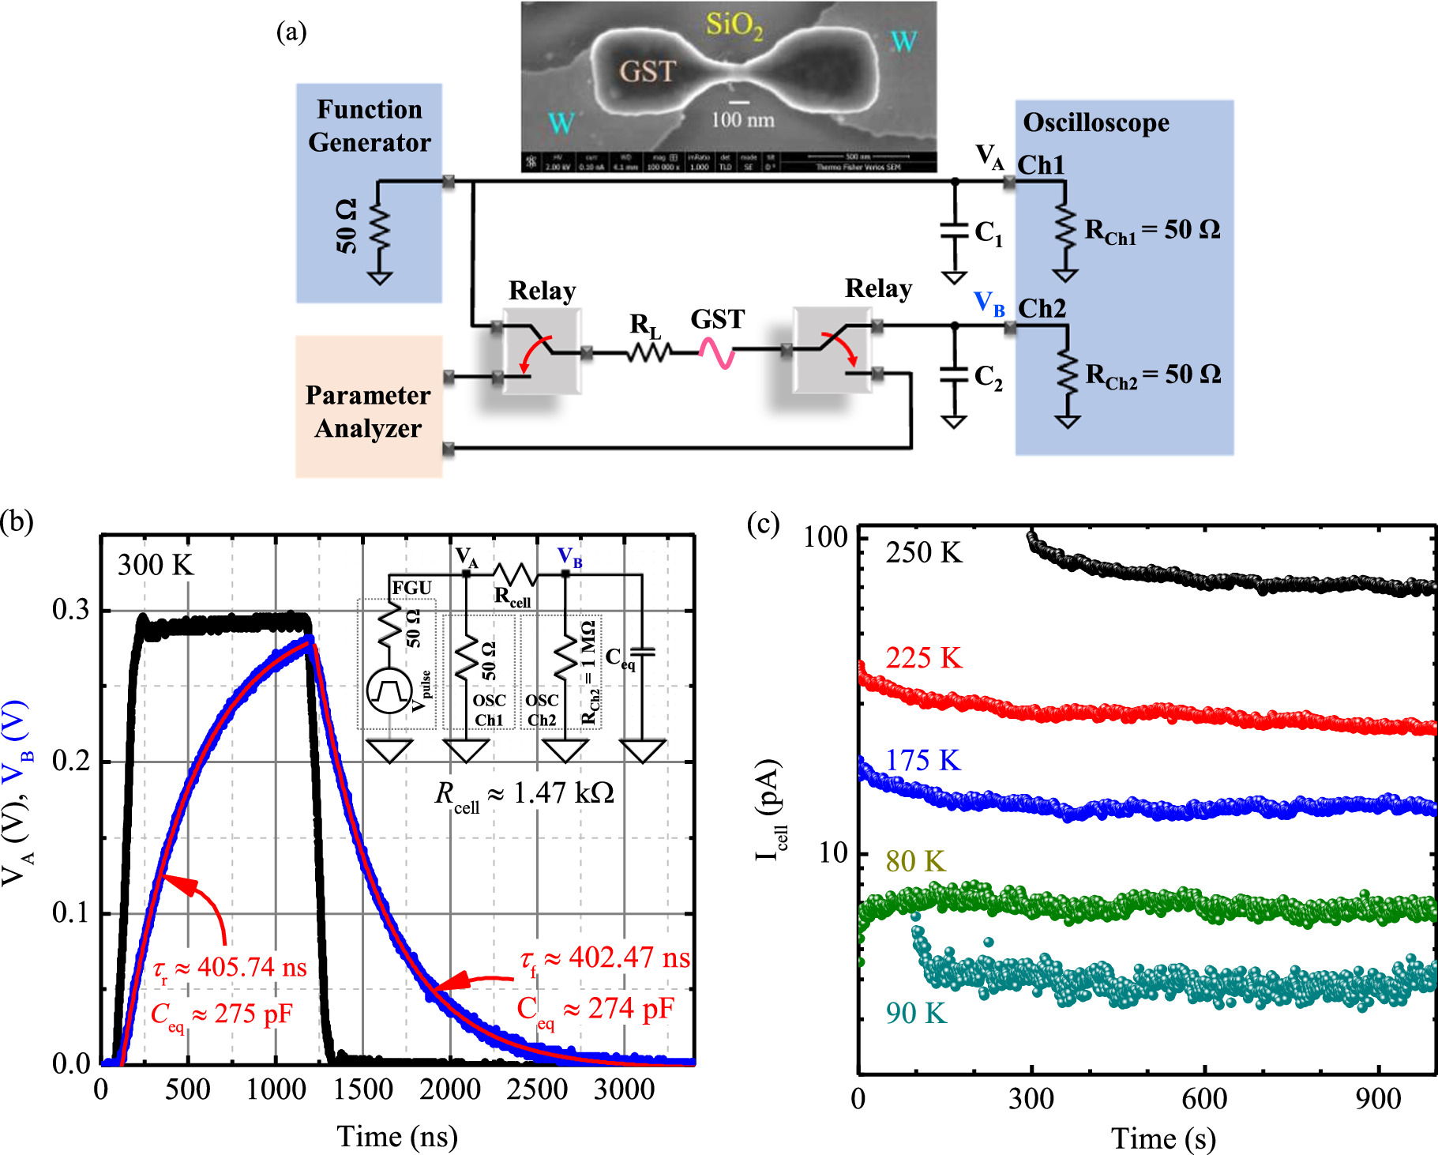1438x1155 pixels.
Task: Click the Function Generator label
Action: click(x=369, y=126)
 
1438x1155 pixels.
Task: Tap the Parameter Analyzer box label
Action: click(x=368, y=411)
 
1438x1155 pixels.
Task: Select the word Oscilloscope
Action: click(x=1096, y=122)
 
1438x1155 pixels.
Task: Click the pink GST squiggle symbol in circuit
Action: click(x=717, y=353)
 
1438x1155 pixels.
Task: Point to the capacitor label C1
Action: click(x=988, y=233)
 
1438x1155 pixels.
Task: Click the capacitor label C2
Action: click(x=988, y=377)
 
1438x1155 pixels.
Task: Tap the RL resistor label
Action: click(x=644, y=325)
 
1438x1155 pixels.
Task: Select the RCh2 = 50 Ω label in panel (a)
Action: click(x=1152, y=374)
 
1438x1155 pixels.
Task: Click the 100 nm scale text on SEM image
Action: click(x=742, y=119)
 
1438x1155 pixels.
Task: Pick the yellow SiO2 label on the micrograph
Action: click(x=734, y=25)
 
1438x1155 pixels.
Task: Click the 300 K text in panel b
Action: click(x=156, y=565)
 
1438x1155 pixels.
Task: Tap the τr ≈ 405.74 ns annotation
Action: click(x=230, y=968)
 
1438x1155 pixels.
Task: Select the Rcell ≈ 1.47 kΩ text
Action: click(x=524, y=793)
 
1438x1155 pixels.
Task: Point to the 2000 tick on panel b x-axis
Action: click(x=449, y=1089)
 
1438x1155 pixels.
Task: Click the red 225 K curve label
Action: click(x=923, y=657)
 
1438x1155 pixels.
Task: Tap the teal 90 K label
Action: click(x=915, y=1013)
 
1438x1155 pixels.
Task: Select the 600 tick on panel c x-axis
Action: click(x=1204, y=1098)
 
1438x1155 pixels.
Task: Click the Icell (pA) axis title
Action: click(x=771, y=809)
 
